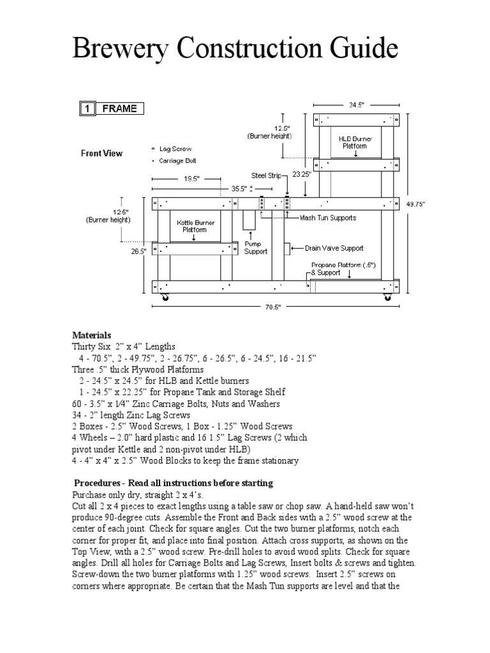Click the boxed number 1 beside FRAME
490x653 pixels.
(x=86, y=108)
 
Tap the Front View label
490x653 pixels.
(x=101, y=153)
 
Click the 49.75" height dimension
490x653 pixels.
(x=415, y=205)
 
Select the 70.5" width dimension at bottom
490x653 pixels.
(x=274, y=307)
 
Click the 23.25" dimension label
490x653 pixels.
(x=301, y=173)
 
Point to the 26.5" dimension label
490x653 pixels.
(x=139, y=251)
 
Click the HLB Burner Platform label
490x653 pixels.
(x=356, y=142)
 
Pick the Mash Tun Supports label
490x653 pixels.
(x=328, y=218)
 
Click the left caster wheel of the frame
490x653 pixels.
(x=166, y=298)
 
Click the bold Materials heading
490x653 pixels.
(x=92, y=335)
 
